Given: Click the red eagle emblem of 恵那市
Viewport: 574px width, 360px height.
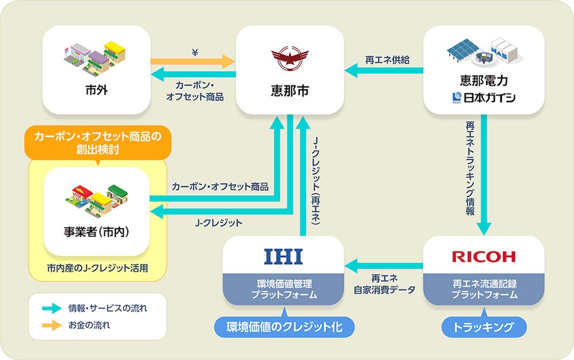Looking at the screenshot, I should click(289, 58).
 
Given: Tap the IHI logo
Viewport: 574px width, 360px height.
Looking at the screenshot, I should click(283, 256).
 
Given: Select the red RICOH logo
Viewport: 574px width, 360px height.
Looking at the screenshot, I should click(483, 256).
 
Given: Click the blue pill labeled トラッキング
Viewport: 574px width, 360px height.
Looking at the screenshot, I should click(484, 328).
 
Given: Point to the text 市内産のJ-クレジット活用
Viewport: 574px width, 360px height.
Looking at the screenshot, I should click(97, 268).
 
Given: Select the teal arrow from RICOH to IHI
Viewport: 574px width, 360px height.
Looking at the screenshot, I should click(384, 265).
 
